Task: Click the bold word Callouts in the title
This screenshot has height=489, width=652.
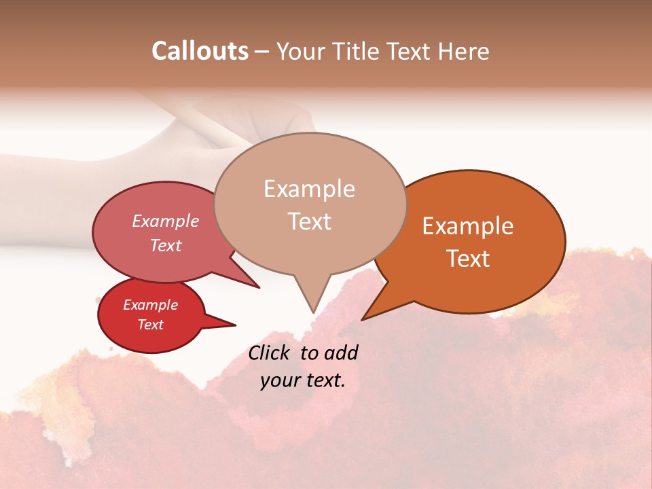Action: (x=200, y=51)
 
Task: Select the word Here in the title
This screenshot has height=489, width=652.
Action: (x=463, y=51)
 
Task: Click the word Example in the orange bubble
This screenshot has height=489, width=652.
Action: (x=468, y=226)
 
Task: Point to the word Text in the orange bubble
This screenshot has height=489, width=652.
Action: (x=468, y=259)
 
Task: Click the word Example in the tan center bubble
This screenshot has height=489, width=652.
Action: (x=309, y=189)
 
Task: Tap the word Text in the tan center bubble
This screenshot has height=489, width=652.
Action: (x=309, y=221)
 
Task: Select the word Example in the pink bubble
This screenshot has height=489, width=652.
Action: (x=166, y=221)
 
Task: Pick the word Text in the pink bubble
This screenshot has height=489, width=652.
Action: (x=166, y=245)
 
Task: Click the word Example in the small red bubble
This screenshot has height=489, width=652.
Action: (x=150, y=305)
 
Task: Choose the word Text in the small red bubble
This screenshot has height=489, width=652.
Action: (x=150, y=325)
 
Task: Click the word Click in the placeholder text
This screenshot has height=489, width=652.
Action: (x=270, y=352)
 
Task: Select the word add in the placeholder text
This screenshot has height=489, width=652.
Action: (x=342, y=352)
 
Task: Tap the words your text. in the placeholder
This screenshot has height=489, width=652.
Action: (x=303, y=380)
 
